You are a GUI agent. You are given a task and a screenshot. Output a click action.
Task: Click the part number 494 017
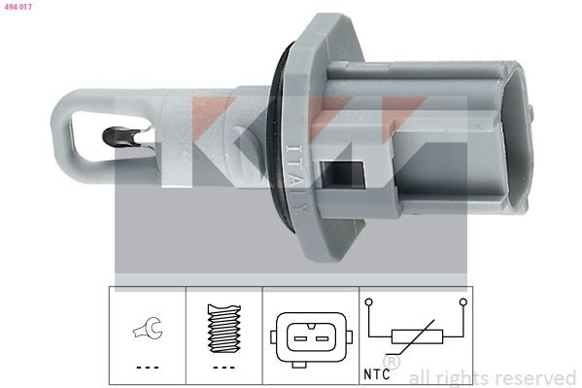point(18,8)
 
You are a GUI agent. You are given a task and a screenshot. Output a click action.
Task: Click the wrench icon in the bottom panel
point(147,332)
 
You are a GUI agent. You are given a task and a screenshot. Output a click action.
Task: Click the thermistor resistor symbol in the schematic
point(417,336)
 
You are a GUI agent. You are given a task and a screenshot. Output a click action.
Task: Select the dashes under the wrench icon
point(147,368)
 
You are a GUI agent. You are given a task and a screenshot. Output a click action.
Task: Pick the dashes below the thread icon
point(223,368)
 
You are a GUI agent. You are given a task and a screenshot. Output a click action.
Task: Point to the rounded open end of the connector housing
point(520,136)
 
